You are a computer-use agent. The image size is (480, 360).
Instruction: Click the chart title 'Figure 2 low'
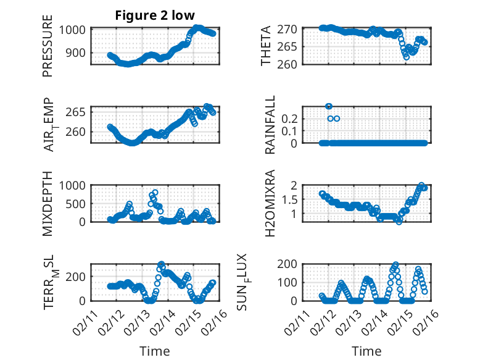[155, 15]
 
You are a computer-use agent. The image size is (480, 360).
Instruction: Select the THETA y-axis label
[266, 46]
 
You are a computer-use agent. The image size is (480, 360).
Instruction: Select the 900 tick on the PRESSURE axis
[79, 52]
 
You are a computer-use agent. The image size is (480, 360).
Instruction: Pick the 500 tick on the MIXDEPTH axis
[79, 203]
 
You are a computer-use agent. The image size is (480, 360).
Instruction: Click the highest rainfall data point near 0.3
[329, 106]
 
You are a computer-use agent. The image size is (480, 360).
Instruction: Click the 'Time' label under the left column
[155, 351]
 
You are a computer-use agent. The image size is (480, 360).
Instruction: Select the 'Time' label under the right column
[366, 351]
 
